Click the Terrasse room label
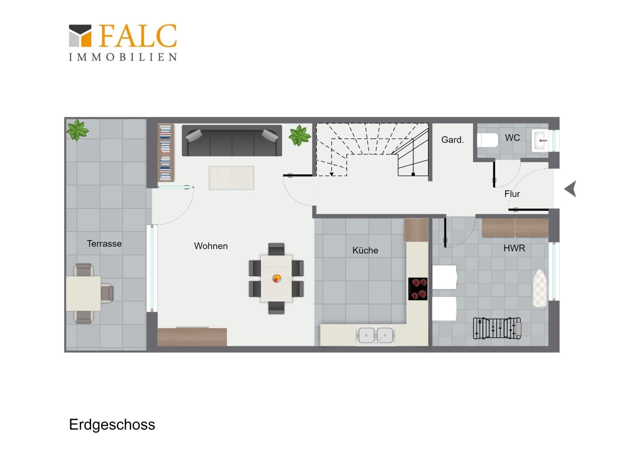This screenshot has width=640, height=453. point(104,244)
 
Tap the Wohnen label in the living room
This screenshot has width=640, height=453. point(211,246)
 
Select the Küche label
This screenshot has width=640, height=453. point(365,250)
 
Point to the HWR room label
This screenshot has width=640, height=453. point(514,248)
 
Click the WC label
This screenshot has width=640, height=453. point(512,138)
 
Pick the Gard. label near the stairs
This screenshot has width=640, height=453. point(452,140)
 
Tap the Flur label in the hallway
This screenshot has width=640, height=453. point(512,194)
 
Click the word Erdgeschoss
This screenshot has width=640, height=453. point(112,425)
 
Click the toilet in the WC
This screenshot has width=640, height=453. point(487,140)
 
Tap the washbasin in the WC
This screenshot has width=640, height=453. point(540,141)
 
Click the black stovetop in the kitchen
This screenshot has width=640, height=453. point(418,289)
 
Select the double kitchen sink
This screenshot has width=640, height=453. point(375,335)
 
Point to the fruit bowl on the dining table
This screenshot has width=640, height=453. point(277,278)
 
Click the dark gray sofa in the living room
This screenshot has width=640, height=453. point(232,141)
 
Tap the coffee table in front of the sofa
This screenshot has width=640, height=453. point(231,178)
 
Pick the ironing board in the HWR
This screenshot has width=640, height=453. point(540,288)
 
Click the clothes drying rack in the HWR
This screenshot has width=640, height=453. point(497,328)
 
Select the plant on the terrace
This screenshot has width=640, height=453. point(77,130)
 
